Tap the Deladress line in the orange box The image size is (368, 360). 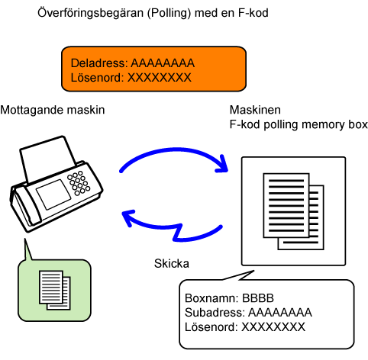pyautogui.click(x=133, y=63)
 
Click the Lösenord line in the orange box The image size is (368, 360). pyautogui.click(x=131, y=78)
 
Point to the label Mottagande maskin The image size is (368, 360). pyautogui.click(x=53, y=110)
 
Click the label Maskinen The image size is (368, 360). pyautogui.click(x=255, y=110)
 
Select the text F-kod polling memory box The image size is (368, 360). pyautogui.click(x=299, y=124)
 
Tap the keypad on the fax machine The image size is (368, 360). pyautogui.click(x=79, y=183)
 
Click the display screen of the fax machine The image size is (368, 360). pyautogui.click(x=53, y=194)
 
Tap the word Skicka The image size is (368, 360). pyautogui.click(x=172, y=264)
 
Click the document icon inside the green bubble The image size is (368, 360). pyautogui.click(x=55, y=290)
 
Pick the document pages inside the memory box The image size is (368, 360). pyautogui.click(x=293, y=211)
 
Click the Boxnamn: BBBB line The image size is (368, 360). pyautogui.click(x=229, y=298)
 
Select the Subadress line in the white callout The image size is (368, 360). pyautogui.click(x=248, y=313)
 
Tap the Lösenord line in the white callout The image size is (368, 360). pyautogui.click(x=245, y=327)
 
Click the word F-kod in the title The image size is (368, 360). pyautogui.click(x=253, y=13)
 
